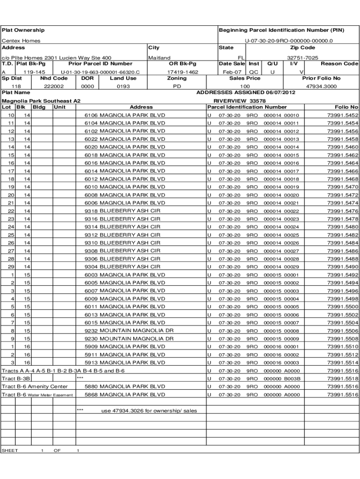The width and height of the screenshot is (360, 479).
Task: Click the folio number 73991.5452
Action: click(x=343, y=115)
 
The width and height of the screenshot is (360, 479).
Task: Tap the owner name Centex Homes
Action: click(x=21, y=41)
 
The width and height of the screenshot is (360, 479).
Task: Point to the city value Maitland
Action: click(x=159, y=58)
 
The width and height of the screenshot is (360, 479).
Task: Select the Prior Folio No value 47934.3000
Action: click(x=321, y=87)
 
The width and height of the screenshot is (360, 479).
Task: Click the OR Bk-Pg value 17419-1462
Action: click(x=182, y=73)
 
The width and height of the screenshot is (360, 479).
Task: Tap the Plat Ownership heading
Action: click(x=23, y=30)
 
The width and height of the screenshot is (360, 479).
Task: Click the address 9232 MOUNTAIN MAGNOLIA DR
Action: click(x=129, y=331)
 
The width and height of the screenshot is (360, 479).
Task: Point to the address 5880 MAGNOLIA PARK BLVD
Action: click(x=125, y=386)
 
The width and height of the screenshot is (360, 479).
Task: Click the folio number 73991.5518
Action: click(x=343, y=378)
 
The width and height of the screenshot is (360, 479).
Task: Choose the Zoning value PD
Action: click(x=177, y=87)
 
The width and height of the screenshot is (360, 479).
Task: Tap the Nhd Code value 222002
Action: click(x=54, y=87)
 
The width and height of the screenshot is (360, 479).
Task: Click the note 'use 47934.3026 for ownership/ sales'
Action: click(x=149, y=411)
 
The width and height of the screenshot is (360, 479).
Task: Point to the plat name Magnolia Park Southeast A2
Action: click(x=41, y=101)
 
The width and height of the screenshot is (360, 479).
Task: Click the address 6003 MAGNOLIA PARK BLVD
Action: click(x=125, y=275)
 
